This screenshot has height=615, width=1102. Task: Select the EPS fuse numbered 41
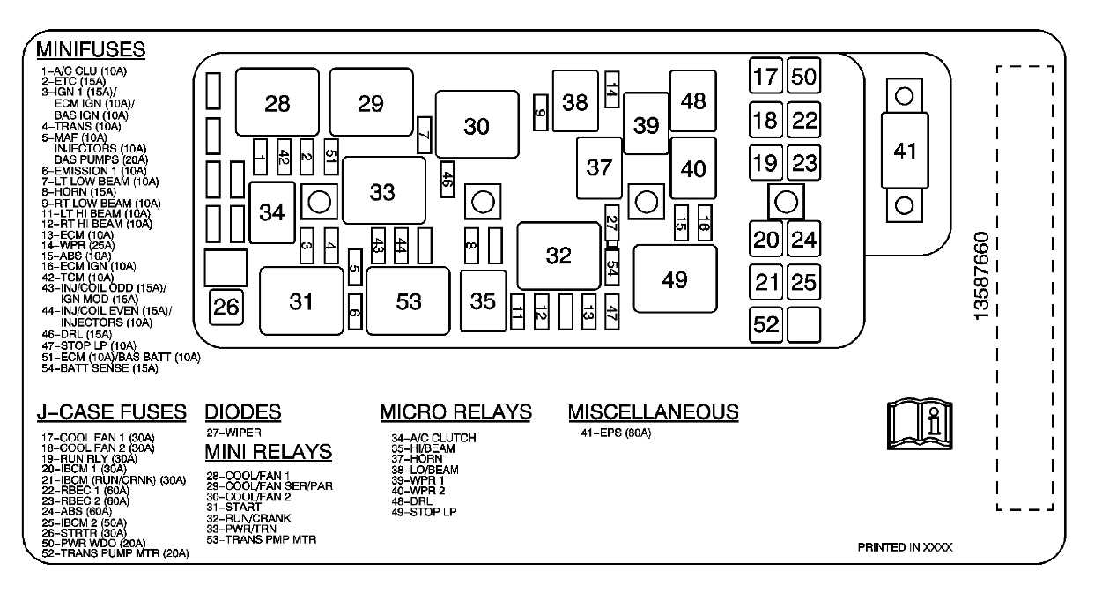(904, 151)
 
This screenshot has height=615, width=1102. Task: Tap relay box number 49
(675, 279)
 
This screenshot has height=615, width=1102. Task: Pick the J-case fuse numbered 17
(766, 76)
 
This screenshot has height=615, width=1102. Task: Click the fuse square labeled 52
(766, 324)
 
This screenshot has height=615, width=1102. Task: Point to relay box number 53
(408, 301)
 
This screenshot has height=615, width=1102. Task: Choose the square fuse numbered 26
(226, 307)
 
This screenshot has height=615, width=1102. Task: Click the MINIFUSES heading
(91, 48)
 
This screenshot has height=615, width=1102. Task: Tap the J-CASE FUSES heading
(112, 412)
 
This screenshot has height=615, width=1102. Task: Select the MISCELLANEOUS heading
(653, 412)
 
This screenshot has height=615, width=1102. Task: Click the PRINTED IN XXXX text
(905, 547)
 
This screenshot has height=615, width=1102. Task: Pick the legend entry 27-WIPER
(233, 433)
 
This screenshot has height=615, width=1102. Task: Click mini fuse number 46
(447, 177)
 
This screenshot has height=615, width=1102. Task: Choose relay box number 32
(558, 255)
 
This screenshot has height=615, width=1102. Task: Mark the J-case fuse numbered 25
(803, 282)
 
